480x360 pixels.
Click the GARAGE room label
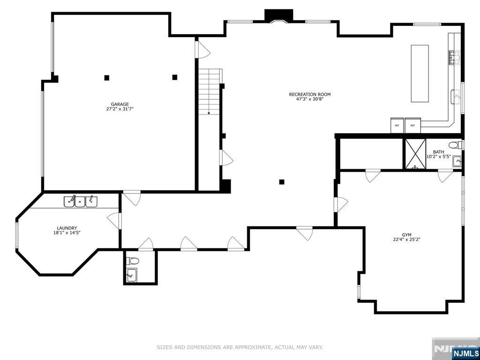[120, 104]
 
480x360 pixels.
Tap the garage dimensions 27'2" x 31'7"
[120, 109]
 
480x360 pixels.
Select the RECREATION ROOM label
[310, 94]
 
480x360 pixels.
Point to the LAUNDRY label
[67, 228]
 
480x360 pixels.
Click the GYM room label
[406, 234]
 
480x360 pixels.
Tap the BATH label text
[438, 151]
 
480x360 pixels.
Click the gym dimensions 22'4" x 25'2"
[406, 240]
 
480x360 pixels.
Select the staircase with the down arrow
[209, 92]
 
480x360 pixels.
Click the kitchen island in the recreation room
[420, 73]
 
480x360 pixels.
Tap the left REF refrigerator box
[397, 125]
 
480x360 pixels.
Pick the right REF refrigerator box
[412, 125]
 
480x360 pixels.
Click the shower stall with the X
[414, 153]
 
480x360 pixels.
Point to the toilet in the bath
[456, 145]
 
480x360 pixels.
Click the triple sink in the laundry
[81, 202]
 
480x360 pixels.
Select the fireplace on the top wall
[279, 16]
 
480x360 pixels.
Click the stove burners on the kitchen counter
[454, 57]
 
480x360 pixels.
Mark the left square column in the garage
[107, 78]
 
